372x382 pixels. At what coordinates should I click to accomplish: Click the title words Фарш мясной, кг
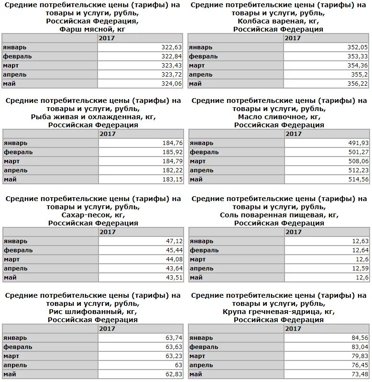click(93, 29)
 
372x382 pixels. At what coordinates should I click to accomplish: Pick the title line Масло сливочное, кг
click(279, 116)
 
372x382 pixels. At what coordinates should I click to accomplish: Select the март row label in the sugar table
click(12, 259)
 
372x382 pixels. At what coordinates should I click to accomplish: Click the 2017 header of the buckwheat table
click(293, 329)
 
